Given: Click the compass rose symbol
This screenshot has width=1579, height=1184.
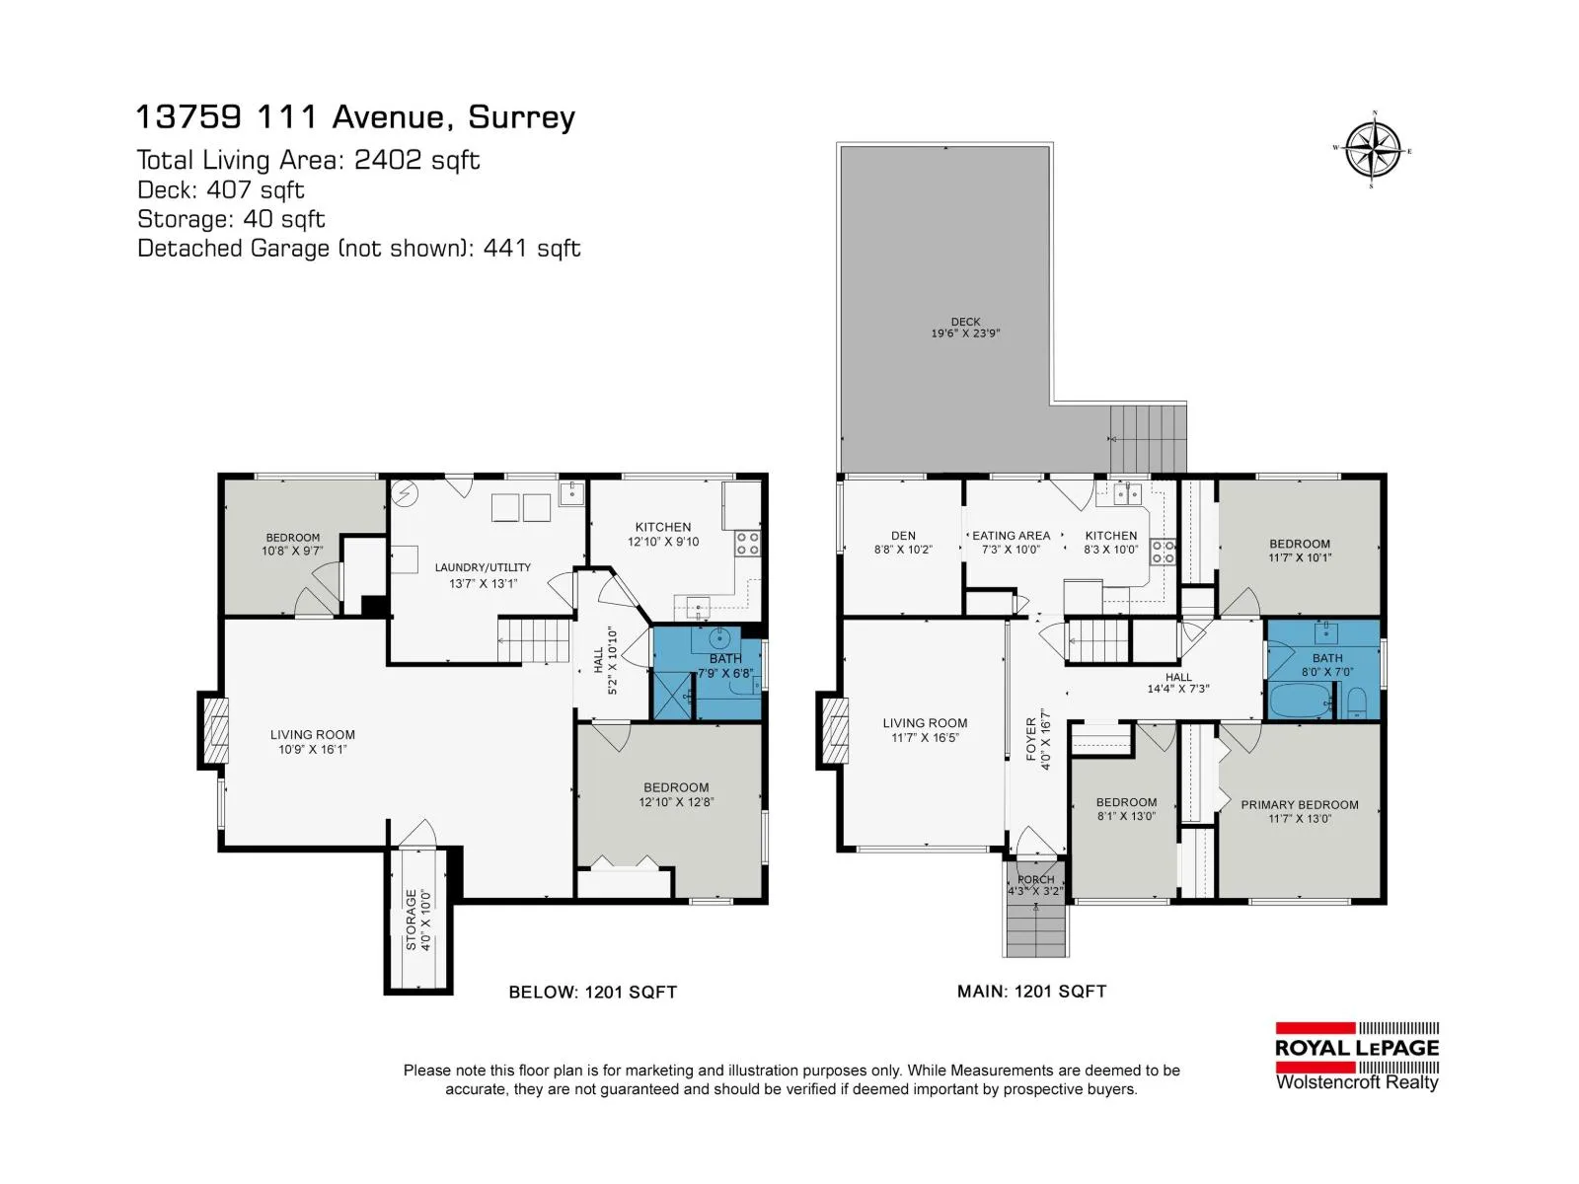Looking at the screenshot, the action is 1373,150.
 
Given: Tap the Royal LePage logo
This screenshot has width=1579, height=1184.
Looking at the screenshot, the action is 1357,1057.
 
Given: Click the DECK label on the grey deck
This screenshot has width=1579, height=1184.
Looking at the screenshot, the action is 965,322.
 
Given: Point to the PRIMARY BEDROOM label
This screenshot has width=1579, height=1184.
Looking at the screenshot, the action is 1299,805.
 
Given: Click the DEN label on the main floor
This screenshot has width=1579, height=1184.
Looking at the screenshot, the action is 903,536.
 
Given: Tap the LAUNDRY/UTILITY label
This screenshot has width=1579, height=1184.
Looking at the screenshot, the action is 483,568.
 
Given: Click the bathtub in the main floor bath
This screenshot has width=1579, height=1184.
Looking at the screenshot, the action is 1300,701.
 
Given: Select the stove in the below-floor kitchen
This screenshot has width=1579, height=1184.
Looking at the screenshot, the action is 747,544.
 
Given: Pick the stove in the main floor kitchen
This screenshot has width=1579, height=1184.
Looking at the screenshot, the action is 1164,552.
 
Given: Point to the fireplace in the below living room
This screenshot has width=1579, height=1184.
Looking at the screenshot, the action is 214,730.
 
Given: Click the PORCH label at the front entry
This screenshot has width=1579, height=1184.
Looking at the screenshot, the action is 1036,879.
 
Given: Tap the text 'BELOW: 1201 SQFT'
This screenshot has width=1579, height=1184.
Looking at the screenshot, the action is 593,992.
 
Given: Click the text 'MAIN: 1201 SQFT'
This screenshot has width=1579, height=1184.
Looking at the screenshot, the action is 1031,992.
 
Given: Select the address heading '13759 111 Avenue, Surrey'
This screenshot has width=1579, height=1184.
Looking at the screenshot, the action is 356,116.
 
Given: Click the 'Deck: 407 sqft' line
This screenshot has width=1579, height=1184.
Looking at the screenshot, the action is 221,189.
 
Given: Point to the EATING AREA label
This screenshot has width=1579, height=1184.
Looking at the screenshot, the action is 1011,536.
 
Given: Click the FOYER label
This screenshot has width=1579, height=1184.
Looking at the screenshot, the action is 1031,739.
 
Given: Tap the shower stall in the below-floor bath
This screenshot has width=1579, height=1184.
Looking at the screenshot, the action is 672,694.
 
